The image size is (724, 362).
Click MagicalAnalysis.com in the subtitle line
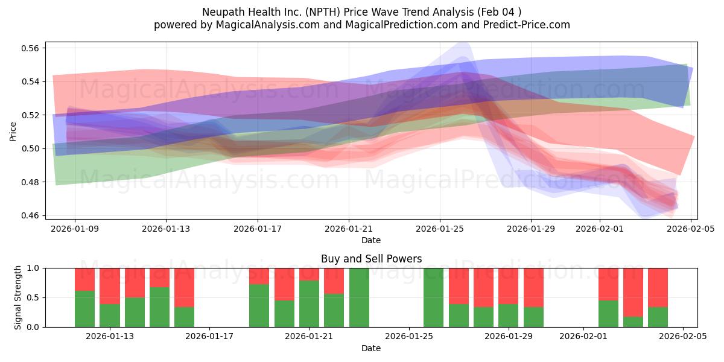click(x=263, y=25)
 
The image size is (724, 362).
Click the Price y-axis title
click(x=13, y=132)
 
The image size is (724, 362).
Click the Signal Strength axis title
click(x=18, y=297)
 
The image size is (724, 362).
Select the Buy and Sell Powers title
click(x=370, y=259)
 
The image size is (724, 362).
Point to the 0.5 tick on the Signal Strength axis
click(x=34, y=297)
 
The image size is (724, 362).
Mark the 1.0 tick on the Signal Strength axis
click(x=34, y=268)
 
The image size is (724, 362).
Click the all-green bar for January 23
click(x=359, y=297)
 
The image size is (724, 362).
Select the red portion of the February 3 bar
click(x=633, y=292)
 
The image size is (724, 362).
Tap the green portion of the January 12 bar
click(x=84, y=309)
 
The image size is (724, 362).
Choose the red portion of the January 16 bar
click(x=184, y=287)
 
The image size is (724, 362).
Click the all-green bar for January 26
click(x=434, y=297)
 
